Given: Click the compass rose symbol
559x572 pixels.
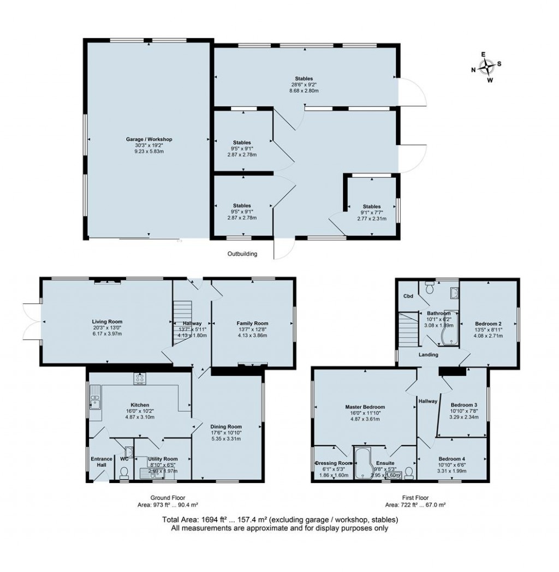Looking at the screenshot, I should (486, 67).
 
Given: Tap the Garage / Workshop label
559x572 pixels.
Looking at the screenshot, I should (146, 140).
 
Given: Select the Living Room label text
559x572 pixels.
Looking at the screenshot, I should (106, 321).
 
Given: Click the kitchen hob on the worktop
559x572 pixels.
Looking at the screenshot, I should (139, 377).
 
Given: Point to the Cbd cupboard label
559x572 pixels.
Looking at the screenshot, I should (407, 296).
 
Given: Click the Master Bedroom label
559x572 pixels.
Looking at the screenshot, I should (365, 407).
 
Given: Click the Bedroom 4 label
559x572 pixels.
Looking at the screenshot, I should (451, 458).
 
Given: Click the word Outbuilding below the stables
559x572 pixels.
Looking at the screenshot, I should (242, 254).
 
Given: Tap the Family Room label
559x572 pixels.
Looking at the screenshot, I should (252, 323).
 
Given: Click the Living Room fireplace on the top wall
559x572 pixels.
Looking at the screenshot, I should (107, 282).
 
